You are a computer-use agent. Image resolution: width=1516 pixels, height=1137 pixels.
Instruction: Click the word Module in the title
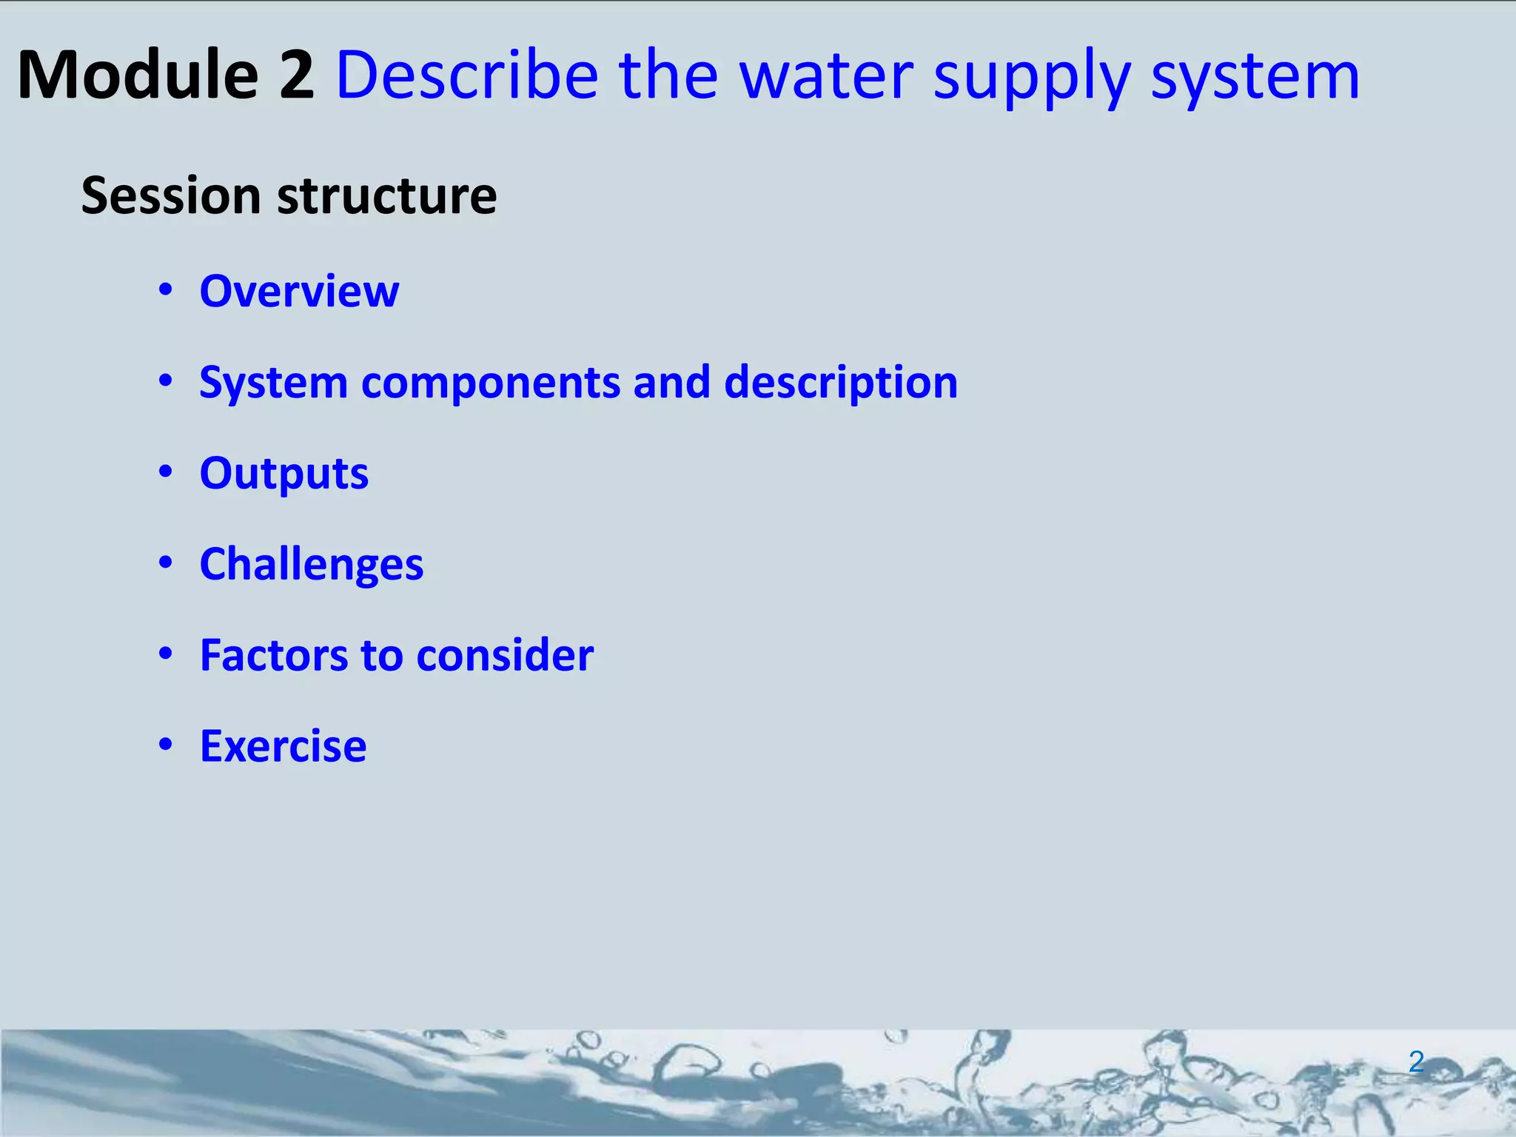point(138,75)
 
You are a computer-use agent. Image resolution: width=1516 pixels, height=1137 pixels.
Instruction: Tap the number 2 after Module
point(297,75)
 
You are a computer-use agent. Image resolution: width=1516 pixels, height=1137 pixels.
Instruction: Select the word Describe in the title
point(467,75)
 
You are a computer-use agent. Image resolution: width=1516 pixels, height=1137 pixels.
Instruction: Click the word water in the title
point(826,75)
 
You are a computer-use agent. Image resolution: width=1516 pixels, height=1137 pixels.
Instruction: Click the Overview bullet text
point(299,291)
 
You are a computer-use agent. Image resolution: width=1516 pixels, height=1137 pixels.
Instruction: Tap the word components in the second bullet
point(491,383)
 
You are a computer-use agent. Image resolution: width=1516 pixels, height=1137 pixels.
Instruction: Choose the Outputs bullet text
point(284,474)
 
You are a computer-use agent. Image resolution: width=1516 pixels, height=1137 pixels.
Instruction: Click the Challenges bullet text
point(311,565)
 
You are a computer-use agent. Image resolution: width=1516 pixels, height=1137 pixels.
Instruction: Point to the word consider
point(505,655)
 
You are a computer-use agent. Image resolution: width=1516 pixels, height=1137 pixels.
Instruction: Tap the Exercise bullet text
point(283,746)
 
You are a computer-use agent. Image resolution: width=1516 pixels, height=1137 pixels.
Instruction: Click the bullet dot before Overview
point(165,289)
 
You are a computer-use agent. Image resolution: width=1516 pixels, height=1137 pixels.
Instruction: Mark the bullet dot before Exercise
point(165,744)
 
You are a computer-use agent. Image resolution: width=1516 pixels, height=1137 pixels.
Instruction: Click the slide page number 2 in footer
point(1415,1061)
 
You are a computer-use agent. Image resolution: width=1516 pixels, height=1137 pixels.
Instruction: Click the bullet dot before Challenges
point(165,563)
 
